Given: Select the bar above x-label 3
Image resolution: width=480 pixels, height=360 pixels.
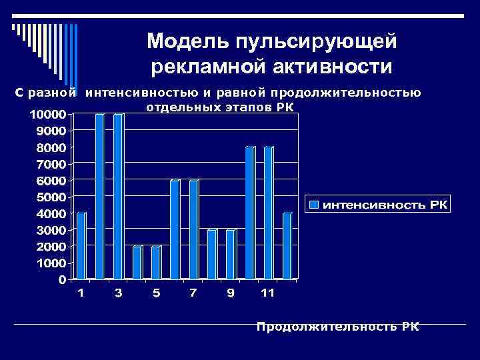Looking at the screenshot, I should coord(119,196).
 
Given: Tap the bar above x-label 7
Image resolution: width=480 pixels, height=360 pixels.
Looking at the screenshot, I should coord(193,229).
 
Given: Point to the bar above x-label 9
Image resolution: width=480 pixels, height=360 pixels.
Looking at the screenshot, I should coord(231,254).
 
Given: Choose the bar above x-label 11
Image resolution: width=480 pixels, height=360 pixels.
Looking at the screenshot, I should coord(269,213).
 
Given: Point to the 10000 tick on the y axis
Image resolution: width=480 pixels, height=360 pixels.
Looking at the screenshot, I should coord(46,114).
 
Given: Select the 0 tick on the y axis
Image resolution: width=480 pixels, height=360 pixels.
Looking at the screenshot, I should coord(63,280).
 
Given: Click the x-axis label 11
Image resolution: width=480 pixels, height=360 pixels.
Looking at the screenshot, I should coord(268,293).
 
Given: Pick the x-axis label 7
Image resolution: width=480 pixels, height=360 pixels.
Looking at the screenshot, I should coord(193,293).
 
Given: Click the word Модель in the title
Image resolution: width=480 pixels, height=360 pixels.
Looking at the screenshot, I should coord(187,41).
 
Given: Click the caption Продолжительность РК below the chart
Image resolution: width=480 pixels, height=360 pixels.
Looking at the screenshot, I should coord(338,327).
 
